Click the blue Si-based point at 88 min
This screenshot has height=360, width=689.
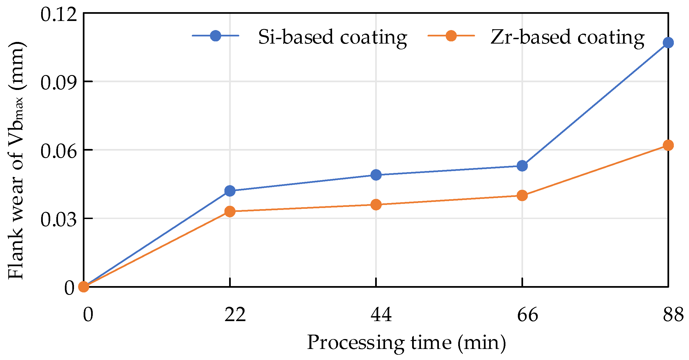coord(668,43)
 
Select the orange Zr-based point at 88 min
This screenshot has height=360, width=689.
coord(668,145)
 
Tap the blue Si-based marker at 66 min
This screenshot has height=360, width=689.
coord(522,166)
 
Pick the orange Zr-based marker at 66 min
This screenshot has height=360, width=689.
coord(522,196)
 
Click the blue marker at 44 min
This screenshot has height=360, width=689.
coord(376,175)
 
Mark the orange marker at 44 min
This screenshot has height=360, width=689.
coord(376,205)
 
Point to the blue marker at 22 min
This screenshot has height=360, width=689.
coord(230,191)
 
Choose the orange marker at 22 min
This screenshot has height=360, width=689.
coord(230,212)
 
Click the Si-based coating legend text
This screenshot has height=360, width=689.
coord(332,37)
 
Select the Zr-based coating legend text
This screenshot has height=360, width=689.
coord(567,37)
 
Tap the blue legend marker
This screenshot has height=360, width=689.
coord(215,36)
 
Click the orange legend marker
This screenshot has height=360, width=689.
coord(451,36)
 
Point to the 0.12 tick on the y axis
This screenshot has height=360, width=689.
coord(58,15)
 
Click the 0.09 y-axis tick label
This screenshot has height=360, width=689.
coord(58,83)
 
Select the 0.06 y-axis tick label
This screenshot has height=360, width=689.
coord(58,151)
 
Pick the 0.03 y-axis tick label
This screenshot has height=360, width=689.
coord(58,220)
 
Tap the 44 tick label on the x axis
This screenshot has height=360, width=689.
coord(381,315)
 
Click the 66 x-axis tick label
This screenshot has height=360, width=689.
coord(527,315)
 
